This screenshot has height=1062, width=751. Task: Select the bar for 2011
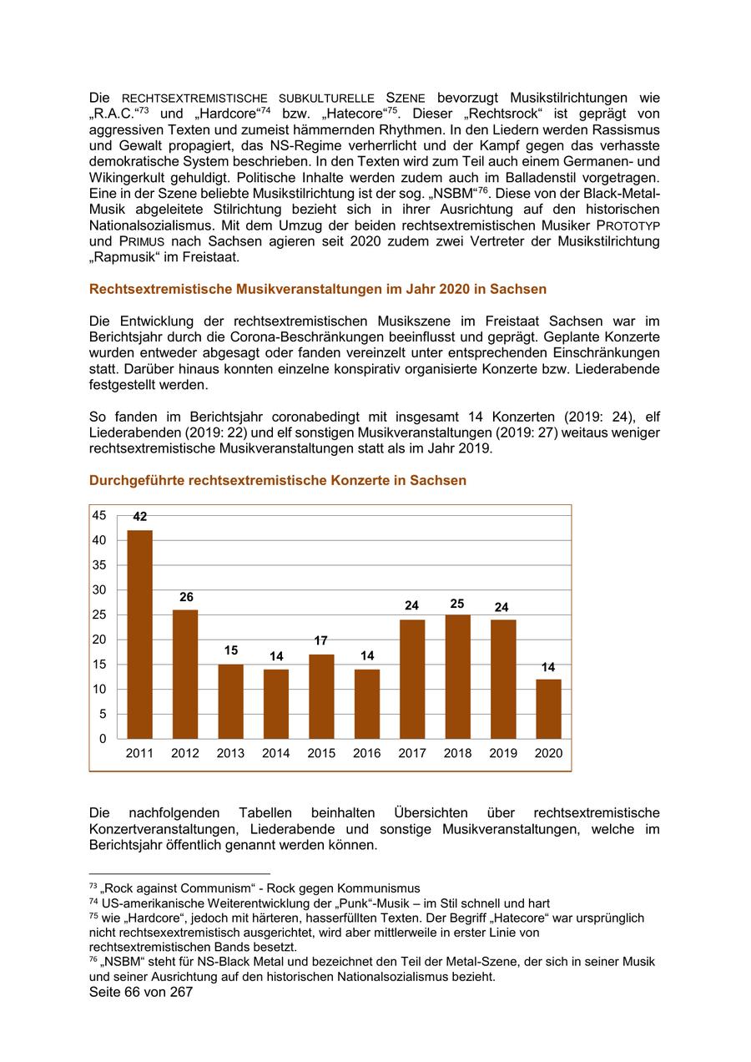139,634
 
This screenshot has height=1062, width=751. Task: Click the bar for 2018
457,676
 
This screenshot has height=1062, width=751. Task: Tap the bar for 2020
548,709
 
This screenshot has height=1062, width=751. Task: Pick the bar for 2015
321,696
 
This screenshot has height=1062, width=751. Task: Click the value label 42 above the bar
139,518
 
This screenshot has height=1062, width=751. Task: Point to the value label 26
185,597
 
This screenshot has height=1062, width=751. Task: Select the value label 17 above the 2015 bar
321,641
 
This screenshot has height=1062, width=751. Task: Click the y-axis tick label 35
99,565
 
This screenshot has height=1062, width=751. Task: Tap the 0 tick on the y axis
103,739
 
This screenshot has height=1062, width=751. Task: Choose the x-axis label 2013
230,753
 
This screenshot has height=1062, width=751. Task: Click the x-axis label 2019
502,753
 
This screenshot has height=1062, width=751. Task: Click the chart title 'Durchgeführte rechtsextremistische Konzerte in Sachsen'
277,481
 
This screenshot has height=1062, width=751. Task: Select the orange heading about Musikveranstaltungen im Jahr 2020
317,290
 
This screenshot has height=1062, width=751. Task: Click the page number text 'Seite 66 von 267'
140,993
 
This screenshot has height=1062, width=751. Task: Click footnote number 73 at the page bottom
93,887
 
